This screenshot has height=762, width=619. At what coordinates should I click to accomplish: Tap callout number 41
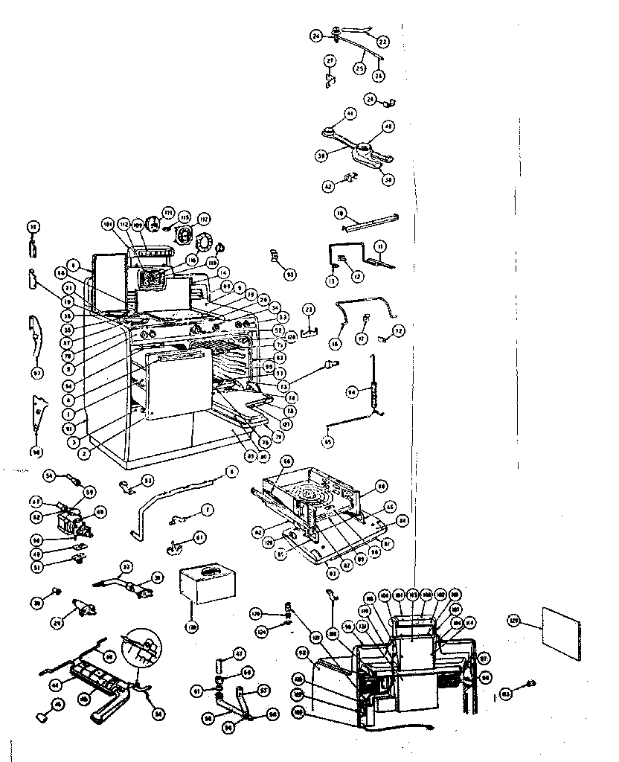click(350, 114)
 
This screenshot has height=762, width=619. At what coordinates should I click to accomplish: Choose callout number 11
click(380, 245)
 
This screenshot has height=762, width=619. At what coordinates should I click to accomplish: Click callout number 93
click(291, 275)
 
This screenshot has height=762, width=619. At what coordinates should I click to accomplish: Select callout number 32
click(126, 567)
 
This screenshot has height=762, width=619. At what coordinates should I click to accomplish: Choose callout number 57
click(263, 691)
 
